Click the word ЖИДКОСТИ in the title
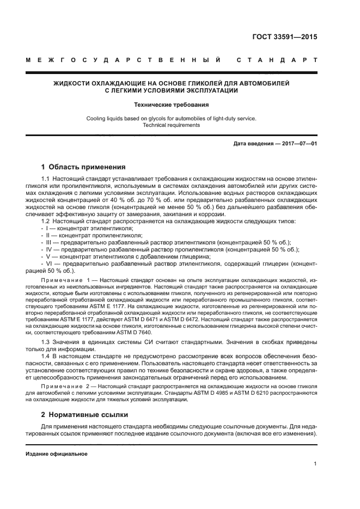(x=74, y=83)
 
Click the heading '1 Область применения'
(x=83, y=167)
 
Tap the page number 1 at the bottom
(x=315, y=464)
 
